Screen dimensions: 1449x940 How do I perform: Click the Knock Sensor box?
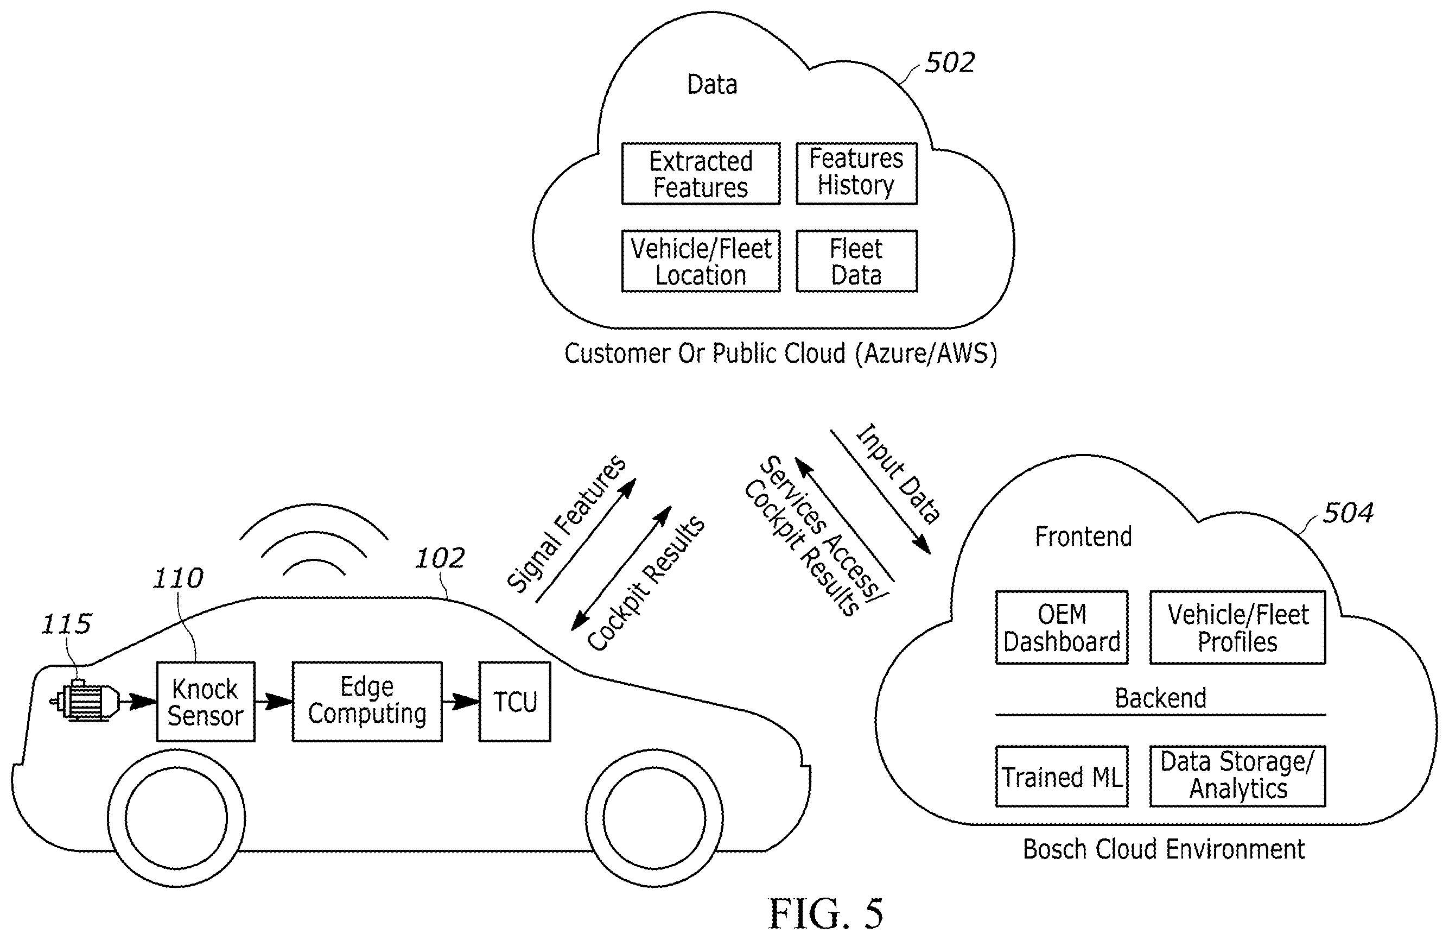point(206,701)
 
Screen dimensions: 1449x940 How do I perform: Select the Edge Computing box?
point(367,701)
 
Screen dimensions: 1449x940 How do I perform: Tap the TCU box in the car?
point(515,701)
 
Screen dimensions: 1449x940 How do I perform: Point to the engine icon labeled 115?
point(85,701)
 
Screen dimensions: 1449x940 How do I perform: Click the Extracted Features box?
point(701,174)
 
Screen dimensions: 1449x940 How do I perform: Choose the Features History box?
point(856,174)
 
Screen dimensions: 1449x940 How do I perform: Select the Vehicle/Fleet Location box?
point(701,261)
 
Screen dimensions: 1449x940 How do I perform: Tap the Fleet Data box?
point(856,261)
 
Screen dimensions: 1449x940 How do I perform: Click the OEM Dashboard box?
point(1062,627)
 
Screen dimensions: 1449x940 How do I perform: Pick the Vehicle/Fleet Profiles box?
point(1238,627)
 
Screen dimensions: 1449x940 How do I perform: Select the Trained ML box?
point(1062,776)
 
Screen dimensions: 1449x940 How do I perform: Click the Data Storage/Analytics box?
point(1238,776)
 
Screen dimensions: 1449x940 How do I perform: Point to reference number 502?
point(950,62)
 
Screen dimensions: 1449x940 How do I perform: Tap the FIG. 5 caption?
point(825,914)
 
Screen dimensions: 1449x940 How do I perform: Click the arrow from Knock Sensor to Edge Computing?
point(274,701)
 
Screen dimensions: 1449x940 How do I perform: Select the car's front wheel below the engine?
point(176,818)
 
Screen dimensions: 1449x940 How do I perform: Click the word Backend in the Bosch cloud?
point(1160,698)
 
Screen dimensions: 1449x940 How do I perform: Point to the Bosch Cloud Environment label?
point(1164,849)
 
